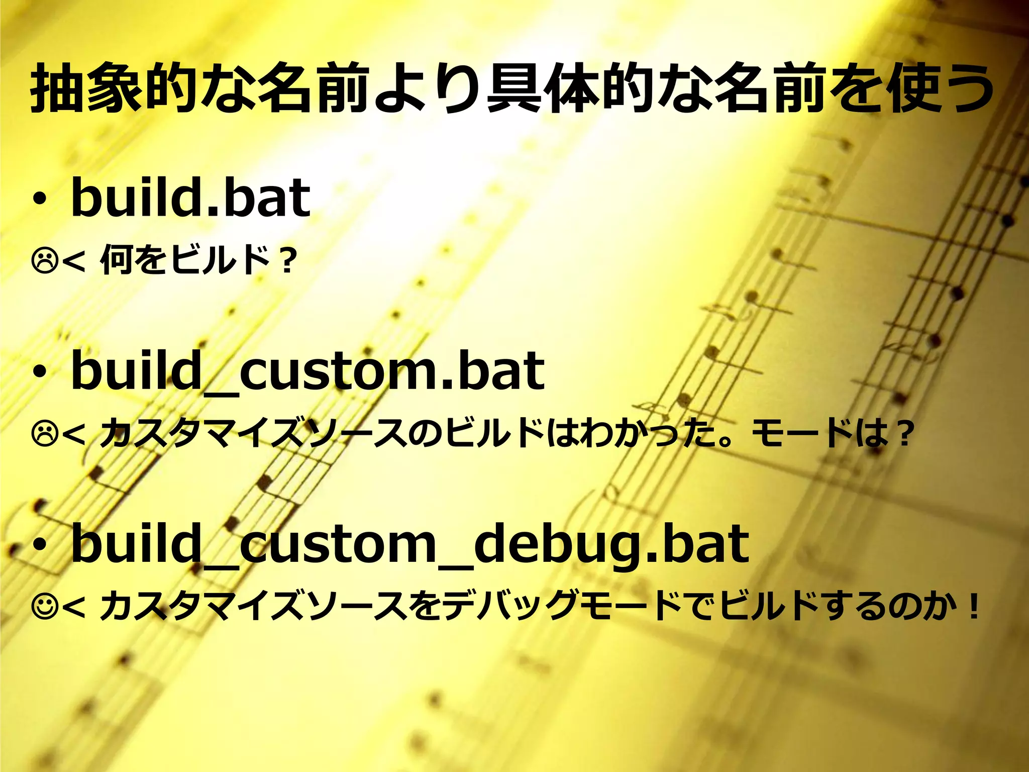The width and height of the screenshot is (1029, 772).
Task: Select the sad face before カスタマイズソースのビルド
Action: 45,434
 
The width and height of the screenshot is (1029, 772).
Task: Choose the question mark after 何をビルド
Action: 287,261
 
